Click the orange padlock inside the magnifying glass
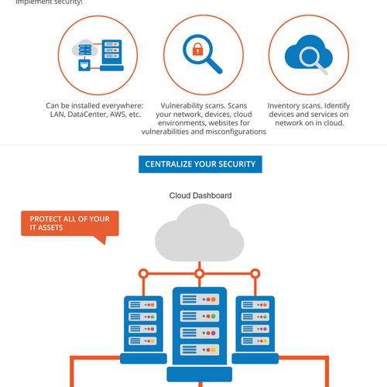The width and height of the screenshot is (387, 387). point(198,50)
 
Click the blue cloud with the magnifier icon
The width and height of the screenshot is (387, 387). point(309,55)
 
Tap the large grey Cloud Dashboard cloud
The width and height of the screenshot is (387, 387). point(199,233)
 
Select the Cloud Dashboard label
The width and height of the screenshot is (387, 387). point(200,196)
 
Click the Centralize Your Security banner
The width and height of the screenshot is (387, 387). point(200,164)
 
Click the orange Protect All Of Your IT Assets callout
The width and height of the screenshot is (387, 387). point(70,224)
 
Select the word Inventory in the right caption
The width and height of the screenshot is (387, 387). point(282,106)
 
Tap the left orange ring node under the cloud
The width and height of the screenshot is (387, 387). point(143,273)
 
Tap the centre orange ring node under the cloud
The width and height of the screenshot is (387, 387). point(200,273)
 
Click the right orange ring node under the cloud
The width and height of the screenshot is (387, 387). point(255,273)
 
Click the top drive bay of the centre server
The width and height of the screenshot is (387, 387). point(200,300)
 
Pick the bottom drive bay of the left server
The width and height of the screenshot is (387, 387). point(142,341)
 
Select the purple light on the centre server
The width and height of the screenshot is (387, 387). point(214,333)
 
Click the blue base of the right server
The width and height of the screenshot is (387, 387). point(255,358)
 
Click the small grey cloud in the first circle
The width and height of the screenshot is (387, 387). point(85,49)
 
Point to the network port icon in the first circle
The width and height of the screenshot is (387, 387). point(84,65)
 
